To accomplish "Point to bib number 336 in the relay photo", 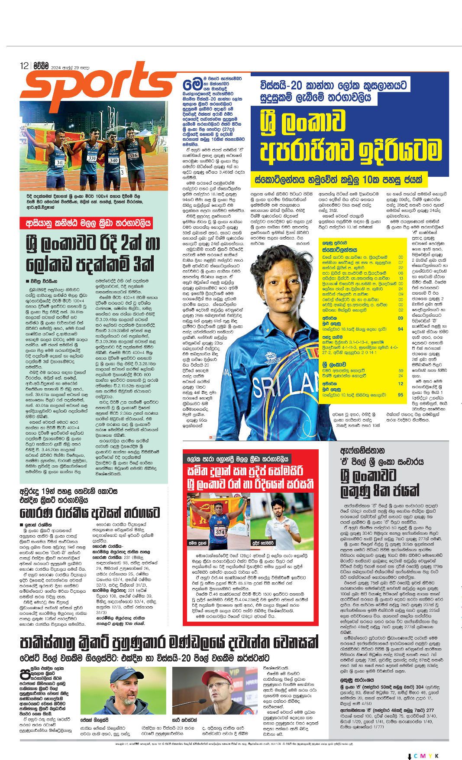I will [x=132, y=155].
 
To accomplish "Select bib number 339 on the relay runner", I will [x=91, y=159].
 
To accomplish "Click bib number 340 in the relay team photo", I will [x=113, y=160].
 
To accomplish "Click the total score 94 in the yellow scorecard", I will [x=400, y=329].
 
